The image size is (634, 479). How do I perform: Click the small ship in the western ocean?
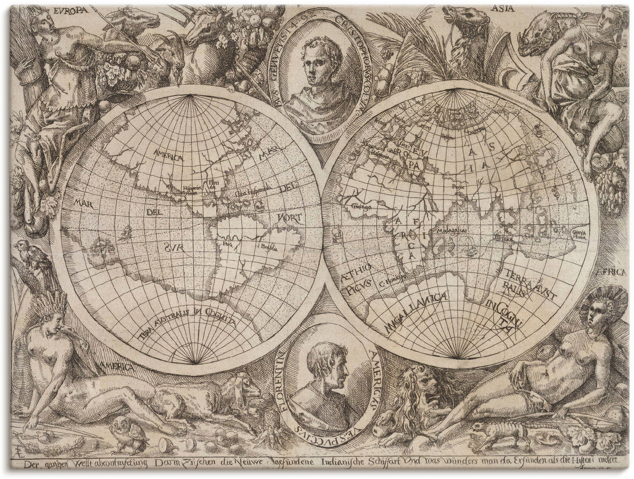tap(128, 231)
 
